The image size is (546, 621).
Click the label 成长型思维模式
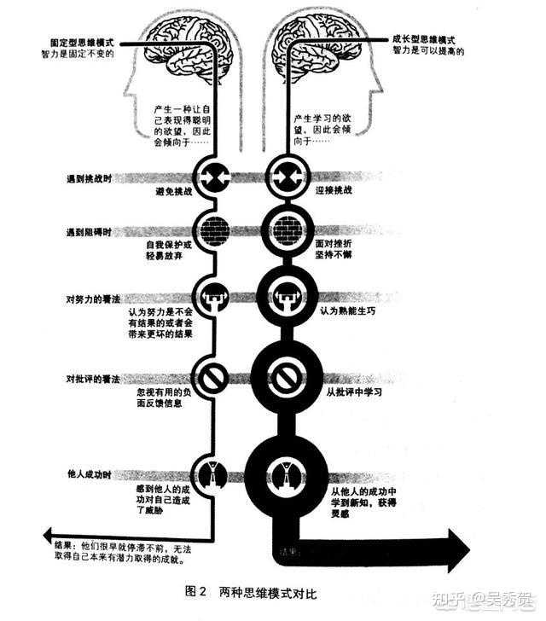coord(424,38)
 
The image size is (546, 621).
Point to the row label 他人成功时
coord(90,473)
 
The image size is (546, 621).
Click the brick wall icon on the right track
coord(288,231)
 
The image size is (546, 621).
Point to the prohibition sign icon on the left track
coord(210,376)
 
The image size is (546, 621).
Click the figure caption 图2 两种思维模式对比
coord(255,590)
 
